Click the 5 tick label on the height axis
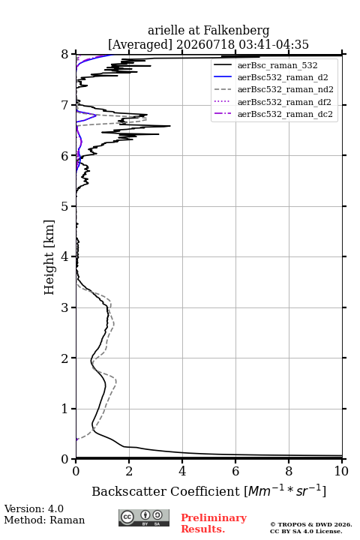[65, 206]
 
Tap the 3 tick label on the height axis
[65, 307]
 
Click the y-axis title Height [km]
[49, 257]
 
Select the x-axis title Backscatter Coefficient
[165, 491]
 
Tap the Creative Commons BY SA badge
[144, 518]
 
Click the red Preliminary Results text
[214, 523]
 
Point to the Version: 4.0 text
[34, 508]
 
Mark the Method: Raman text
[44, 520]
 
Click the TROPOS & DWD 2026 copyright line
[311, 524]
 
